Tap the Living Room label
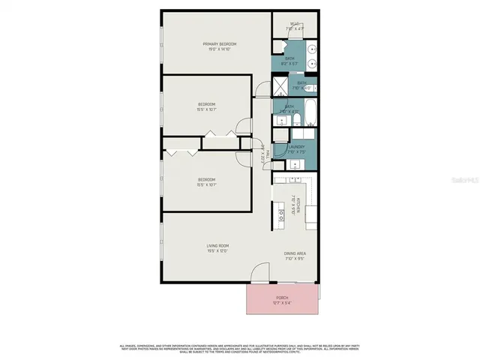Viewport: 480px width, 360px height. pyautogui.click(x=217, y=245)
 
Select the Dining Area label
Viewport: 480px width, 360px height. pyautogui.click(x=295, y=253)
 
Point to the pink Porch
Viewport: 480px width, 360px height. pyautogui.click(x=282, y=300)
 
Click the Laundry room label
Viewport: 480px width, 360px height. pyautogui.click(x=295, y=146)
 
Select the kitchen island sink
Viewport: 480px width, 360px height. pyautogui.click(x=283, y=213)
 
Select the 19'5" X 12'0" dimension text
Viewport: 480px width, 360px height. pyautogui.click(x=217, y=251)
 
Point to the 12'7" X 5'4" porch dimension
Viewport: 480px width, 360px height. pyautogui.click(x=282, y=303)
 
